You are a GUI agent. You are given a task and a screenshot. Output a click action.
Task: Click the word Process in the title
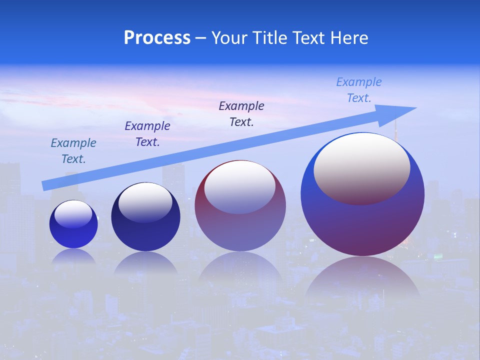coord(157,38)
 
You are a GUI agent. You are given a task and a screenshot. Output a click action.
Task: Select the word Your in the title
coord(229,38)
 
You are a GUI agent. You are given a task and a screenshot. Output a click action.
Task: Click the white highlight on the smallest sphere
coord(73,214)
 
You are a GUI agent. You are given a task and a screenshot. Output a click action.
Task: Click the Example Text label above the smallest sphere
coord(73,151)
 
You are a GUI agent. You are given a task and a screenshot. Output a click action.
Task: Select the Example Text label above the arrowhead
coord(358,90)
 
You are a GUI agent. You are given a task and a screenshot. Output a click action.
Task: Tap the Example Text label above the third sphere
coord(241,114)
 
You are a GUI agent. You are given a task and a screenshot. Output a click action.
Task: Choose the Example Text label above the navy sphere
coord(147,134)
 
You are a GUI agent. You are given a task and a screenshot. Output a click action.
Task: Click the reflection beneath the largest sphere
coord(362,277)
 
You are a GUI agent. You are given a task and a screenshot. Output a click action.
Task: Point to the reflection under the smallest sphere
coord(73,256)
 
